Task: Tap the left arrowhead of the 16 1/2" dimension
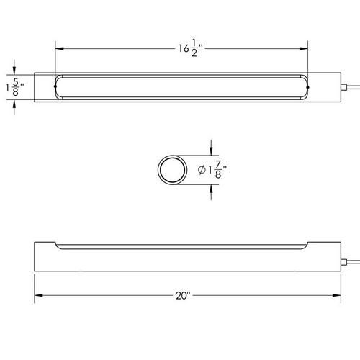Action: tap(60, 49)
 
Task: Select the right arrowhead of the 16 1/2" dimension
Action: tap(305, 49)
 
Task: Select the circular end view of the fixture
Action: tap(171, 170)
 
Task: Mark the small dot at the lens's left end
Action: tap(55, 88)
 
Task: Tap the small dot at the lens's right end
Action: tap(308, 88)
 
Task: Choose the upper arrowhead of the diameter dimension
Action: tap(211, 152)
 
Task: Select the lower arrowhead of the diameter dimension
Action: tap(211, 188)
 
